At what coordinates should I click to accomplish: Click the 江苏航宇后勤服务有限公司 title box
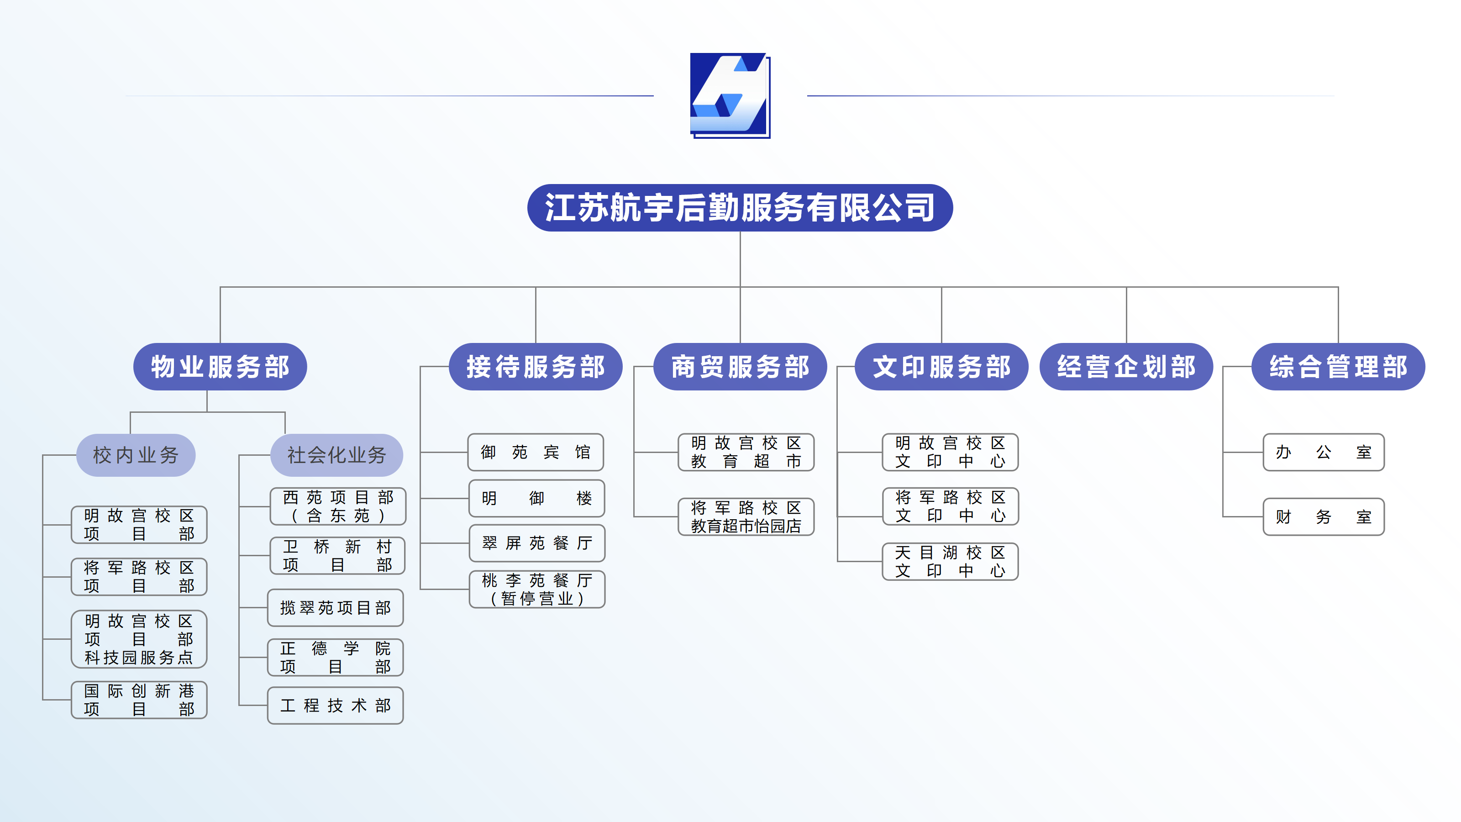[740, 208]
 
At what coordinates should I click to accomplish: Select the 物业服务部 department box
[220, 366]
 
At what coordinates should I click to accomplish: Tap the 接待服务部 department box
[536, 366]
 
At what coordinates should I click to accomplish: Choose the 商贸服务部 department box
[740, 366]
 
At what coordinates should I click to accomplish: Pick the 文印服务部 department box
[941, 366]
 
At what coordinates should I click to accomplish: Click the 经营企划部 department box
[1126, 366]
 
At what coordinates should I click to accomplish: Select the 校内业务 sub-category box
[136, 455]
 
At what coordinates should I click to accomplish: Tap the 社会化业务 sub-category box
[336, 455]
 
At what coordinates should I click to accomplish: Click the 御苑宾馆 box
[536, 452]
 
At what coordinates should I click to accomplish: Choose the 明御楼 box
[536, 498]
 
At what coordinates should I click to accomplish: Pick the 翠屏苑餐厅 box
[536, 543]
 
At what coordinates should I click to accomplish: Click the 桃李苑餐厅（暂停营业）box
[537, 590]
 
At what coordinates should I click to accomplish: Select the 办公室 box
[1323, 452]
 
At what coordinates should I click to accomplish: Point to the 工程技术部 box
[335, 705]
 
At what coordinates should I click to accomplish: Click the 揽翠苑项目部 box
[335, 607]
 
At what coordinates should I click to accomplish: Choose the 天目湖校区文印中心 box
[950, 562]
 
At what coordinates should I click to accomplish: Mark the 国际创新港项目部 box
[139, 700]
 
